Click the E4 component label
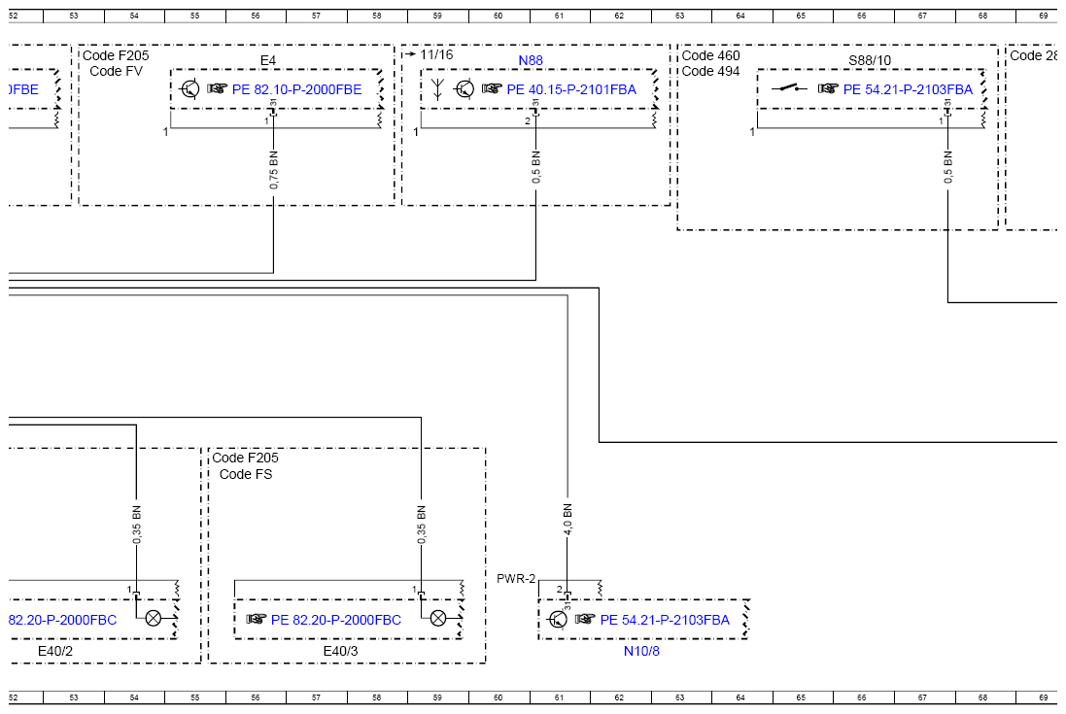[x=268, y=61]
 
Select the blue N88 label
[x=531, y=61]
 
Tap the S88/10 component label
[x=870, y=61]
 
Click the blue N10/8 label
[x=641, y=652]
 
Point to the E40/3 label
[x=340, y=652]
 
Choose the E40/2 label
[x=55, y=652]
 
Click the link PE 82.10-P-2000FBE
[x=296, y=89]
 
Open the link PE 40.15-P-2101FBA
[x=571, y=89]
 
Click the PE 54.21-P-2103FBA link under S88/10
[x=908, y=89]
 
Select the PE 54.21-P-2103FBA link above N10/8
[x=665, y=620]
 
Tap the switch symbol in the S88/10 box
[x=789, y=88]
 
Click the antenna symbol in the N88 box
[x=437, y=89]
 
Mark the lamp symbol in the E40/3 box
[x=438, y=618]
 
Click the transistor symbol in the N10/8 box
[x=557, y=619]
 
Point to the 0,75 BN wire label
[x=273, y=171]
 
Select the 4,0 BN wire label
[x=567, y=520]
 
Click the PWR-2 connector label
[x=516, y=579]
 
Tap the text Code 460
[x=710, y=55]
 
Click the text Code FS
[x=246, y=474]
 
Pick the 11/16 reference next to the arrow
[x=436, y=54]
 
